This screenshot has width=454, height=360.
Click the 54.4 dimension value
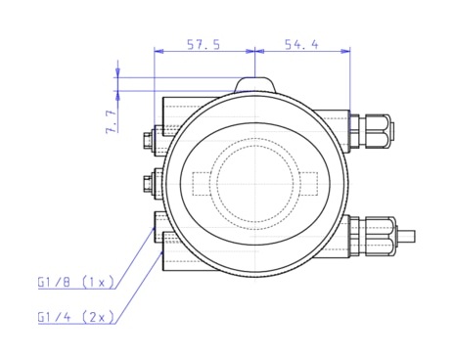[300, 44]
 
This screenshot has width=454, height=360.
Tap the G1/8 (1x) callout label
[76, 282]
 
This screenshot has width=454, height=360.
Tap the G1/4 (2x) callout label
[76, 317]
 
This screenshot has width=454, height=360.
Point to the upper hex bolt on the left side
[150, 139]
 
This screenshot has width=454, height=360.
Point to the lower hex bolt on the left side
[150, 181]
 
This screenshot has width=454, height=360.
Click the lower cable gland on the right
[373, 236]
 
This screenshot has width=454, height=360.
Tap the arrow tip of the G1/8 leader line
[157, 227]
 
